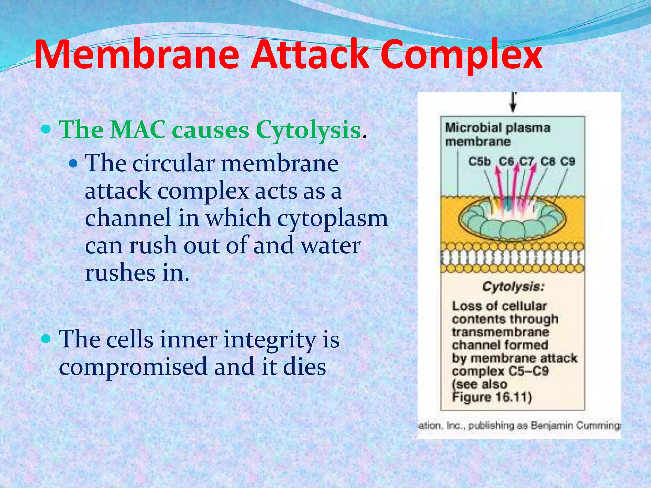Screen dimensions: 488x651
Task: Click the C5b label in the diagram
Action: click(x=480, y=162)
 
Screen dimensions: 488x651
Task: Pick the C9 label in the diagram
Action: click(x=568, y=161)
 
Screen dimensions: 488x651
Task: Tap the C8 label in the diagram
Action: click(x=548, y=161)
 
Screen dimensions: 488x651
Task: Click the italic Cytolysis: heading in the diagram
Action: click(x=513, y=287)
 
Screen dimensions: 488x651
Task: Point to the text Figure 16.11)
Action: click(x=492, y=397)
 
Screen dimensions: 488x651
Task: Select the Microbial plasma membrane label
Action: click(x=497, y=134)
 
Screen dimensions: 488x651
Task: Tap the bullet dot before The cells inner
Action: click(x=46, y=339)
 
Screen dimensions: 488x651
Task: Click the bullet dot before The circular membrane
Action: click(x=73, y=163)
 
